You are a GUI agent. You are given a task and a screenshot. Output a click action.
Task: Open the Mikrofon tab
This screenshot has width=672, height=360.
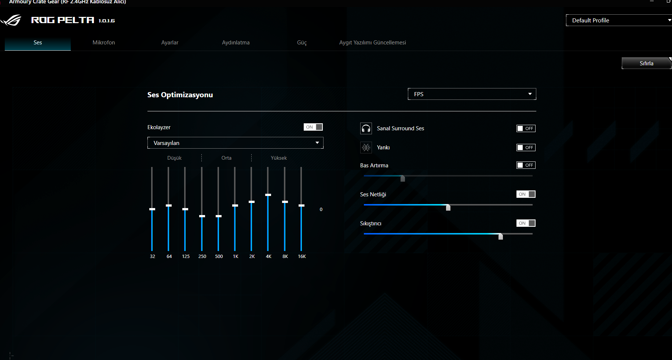click(x=104, y=43)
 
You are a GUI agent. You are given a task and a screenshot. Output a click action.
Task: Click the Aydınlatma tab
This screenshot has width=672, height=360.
click(x=235, y=43)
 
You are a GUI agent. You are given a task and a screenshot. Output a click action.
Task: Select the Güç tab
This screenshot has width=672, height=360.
click(x=302, y=43)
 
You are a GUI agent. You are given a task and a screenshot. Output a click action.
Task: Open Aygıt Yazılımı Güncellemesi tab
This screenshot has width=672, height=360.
click(x=372, y=43)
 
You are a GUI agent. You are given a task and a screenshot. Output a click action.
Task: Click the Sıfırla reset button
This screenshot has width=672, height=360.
click(x=646, y=63)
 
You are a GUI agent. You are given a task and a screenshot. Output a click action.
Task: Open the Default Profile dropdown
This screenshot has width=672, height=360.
click(x=618, y=21)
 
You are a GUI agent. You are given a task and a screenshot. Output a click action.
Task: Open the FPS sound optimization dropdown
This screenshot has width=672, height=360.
click(x=472, y=94)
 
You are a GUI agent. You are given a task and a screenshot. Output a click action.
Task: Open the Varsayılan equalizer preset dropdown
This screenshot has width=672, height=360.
click(x=235, y=143)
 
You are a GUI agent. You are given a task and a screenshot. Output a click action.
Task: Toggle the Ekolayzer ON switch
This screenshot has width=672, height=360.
click(x=313, y=127)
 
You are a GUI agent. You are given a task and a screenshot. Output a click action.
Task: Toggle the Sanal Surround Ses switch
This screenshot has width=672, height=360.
click(x=526, y=128)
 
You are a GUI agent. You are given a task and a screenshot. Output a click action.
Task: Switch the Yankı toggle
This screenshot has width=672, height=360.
click(x=526, y=148)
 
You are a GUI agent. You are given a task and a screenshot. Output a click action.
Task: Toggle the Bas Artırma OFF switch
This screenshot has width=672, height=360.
click(x=526, y=165)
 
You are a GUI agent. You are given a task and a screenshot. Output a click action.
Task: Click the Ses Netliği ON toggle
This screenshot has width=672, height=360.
click(x=526, y=194)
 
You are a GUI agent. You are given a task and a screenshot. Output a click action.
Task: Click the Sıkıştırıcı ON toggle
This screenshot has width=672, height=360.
click(x=526, y=223)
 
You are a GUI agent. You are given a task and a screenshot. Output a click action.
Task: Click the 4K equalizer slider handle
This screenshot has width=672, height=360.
click(x=268, y=195)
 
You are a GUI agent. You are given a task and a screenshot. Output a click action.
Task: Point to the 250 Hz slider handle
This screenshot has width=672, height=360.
click(x=202, y=216)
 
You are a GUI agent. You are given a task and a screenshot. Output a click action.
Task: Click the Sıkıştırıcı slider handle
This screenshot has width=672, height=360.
click(x=500, y=236)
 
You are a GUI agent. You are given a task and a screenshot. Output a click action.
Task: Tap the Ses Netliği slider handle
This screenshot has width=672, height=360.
click(x=448, y=207)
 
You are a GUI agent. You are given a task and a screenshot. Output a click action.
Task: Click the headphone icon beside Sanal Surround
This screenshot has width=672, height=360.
click(x=366, y=128)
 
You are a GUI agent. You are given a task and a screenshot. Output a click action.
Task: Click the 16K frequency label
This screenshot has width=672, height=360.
click(x=302, y=257)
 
